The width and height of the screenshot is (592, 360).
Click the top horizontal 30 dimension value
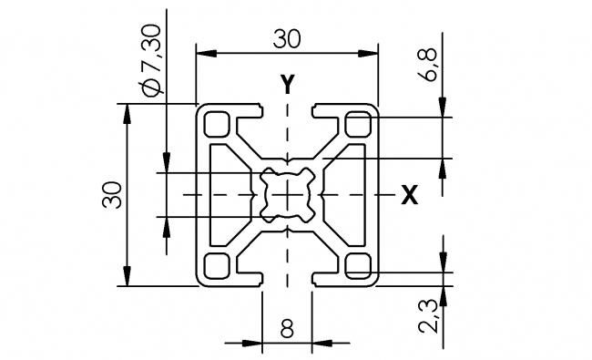[287, 38]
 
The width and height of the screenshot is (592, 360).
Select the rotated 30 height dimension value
[112, 195]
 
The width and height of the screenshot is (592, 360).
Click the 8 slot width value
[287, 329]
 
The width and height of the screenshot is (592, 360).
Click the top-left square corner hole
[218, 123]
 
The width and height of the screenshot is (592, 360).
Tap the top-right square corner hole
[358, 123]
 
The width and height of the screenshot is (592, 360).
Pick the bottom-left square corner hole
[218, 265]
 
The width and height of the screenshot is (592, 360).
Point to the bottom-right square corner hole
[358, 265]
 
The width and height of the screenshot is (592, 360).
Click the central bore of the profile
[287, 194]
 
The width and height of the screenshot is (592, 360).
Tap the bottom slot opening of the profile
[287, 275]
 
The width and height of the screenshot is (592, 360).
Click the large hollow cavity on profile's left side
[226, 194]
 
